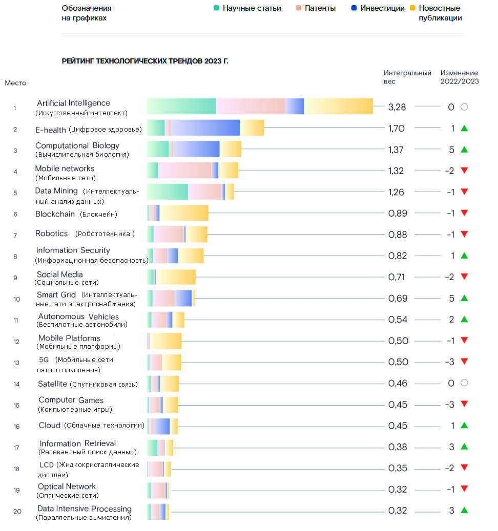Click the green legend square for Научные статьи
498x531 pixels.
pos(217,8)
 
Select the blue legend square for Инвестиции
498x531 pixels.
pos(354,8)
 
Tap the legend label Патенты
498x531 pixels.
pos(320,8)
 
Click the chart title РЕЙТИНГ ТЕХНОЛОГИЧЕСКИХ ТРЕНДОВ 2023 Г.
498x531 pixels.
pos(145,61)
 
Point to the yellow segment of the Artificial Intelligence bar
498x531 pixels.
pos(339,107)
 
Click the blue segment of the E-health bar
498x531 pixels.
pos(205,128)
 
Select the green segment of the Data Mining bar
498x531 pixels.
pos(167,192)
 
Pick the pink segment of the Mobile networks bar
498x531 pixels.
pos(185,171)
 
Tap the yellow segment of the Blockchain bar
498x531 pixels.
pos(184,213)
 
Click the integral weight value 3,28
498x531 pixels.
pos(397,107)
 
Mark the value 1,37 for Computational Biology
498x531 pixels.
pos(396,150)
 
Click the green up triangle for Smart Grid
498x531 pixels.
pos(464,298)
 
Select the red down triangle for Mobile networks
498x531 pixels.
pos(464,171)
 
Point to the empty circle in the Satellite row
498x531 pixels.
pos(464,383)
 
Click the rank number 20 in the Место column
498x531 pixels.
pos(17,511)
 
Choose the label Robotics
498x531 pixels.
pos(52,233)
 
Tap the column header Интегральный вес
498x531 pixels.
pos(407,77)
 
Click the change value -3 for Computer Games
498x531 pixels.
pos(450,405)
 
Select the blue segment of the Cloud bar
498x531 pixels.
pos(162,426)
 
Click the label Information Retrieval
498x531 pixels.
pos(78,443)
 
